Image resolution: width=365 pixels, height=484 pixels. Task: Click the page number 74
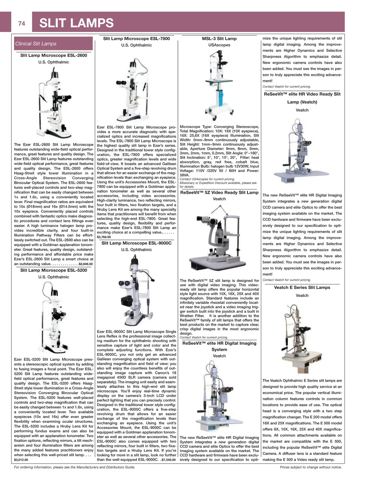[x=22, y=23]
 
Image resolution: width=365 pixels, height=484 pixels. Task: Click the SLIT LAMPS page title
[x=76, y=23]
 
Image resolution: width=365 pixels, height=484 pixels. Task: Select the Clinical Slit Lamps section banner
[x=53, y=44]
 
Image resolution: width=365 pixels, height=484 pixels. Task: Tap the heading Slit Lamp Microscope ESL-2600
[x=54, y=55]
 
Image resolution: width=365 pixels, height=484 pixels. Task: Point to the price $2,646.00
[x=85, y=264]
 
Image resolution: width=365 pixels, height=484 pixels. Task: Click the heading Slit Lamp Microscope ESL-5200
[x=54, y=270]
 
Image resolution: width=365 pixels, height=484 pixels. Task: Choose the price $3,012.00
[x=21, y=460]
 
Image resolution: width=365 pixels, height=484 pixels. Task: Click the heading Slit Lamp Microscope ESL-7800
[x=136, y=39]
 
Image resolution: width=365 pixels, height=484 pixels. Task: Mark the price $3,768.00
[x=104, y=237]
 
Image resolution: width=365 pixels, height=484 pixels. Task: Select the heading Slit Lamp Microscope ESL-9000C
[x=136, y=243]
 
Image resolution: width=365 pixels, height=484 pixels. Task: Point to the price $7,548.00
[x=169, y=460]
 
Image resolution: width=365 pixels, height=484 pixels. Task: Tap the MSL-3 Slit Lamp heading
[x=219, y=39]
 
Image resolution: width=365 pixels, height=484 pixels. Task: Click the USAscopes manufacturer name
[x=219, y=45]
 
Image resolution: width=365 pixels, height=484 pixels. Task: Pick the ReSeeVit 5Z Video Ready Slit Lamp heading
[x=219, y=193]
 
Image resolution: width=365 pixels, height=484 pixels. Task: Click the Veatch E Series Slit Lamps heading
[x=302, y=287]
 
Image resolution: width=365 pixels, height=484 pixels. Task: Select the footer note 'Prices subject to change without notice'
[x=311, y=467]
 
